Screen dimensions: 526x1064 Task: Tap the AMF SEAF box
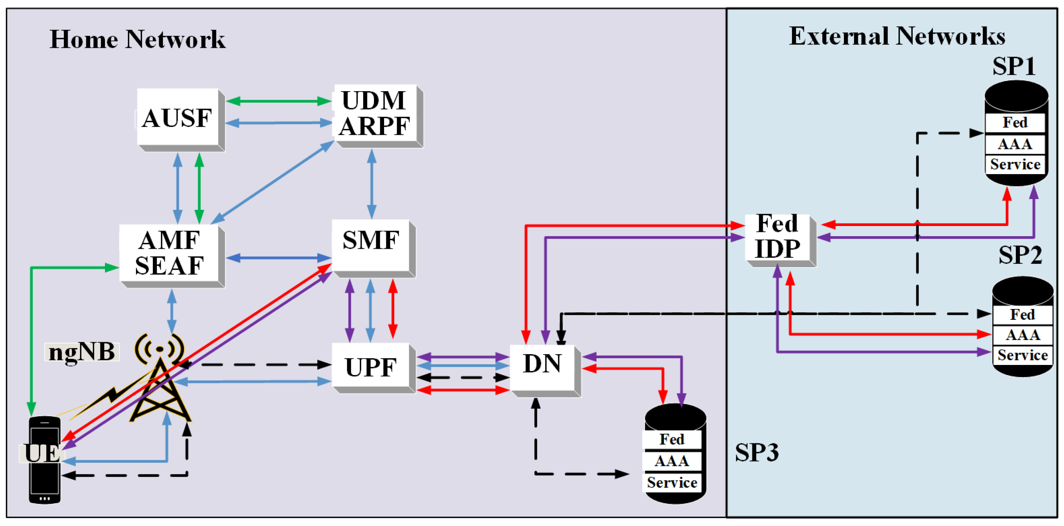coord(169,253)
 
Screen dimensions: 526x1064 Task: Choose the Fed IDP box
coord(777,237)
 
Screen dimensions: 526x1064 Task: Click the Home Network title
coord(137,39)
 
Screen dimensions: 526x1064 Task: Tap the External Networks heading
coord(897,36)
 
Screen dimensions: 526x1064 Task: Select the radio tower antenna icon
coord(160,380)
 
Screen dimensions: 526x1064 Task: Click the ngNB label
coord(82,352)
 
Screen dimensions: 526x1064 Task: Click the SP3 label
coord(756,452)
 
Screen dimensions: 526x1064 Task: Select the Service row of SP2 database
coord(1022,355)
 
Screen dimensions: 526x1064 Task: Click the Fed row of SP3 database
coord(672,439)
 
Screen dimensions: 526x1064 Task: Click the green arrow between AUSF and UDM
coord(279,101)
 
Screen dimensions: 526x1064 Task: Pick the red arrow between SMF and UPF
coord(393,309)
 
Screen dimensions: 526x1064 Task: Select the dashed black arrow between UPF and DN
coord(463,377)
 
